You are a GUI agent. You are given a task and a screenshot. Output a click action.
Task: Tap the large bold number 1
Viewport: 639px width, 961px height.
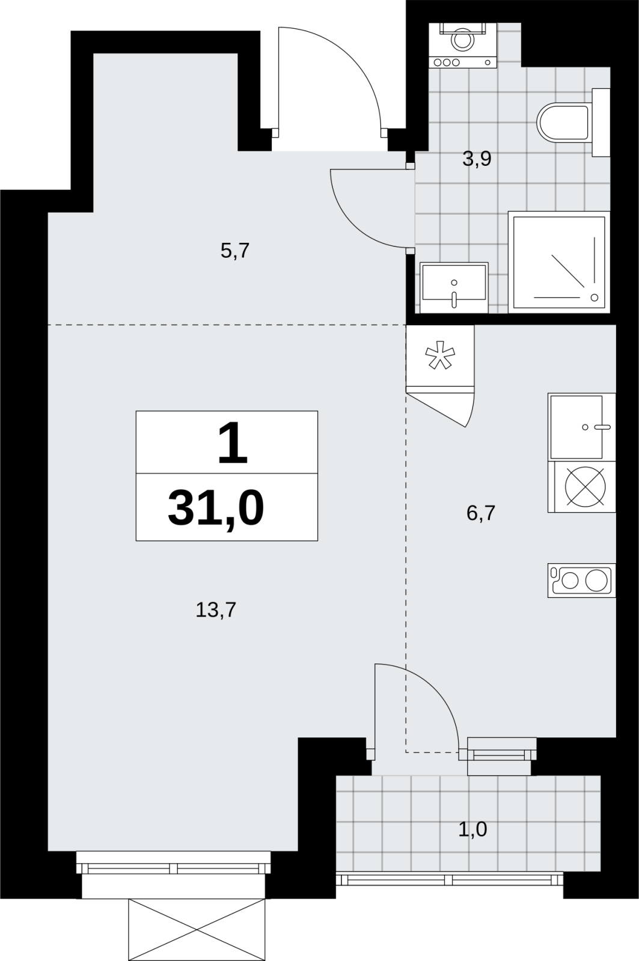[233, 443]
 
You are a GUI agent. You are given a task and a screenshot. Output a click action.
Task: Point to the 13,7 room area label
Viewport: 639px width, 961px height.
[216, 609]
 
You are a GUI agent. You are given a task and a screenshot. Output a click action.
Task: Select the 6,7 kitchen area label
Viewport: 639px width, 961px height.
[481, 513]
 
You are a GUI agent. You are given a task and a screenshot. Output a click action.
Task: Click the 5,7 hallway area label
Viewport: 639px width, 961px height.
[235, 251]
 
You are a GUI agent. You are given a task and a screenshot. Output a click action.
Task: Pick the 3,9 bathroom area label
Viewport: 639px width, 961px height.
[477, 159]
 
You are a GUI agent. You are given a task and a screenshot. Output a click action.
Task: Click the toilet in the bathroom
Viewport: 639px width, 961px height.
[573, 122]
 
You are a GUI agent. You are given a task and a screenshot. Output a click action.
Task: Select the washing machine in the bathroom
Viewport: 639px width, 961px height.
[463, 45]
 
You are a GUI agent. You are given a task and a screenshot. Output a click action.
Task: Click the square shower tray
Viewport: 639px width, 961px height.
[559, 262]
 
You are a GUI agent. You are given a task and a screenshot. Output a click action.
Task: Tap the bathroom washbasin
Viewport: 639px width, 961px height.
[454, 287]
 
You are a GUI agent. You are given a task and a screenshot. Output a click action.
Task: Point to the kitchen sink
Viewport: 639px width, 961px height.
[582, 427]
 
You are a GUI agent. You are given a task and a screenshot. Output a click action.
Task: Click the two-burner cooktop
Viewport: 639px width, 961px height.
[582, 581]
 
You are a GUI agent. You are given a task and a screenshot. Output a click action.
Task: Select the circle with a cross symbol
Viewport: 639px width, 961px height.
[585, 486]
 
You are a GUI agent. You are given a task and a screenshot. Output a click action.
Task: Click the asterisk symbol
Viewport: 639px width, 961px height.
[440, 355]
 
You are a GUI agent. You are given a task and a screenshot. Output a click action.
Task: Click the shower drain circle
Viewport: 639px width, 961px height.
[595, 297]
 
